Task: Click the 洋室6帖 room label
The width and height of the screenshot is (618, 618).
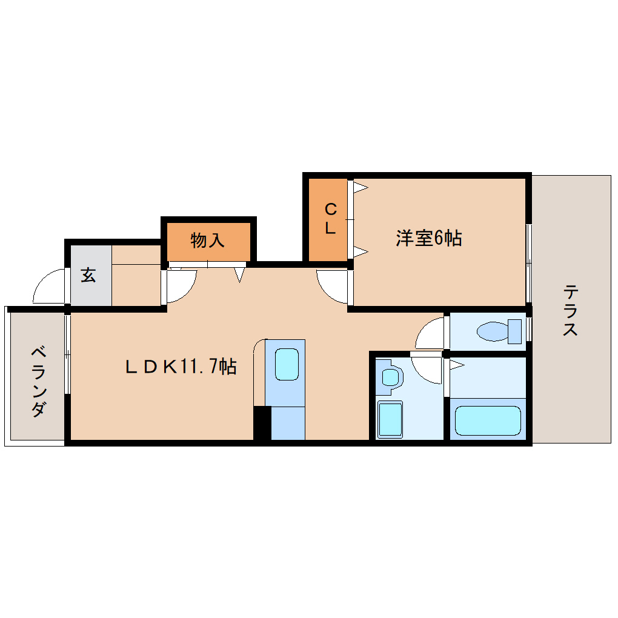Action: point(428,238)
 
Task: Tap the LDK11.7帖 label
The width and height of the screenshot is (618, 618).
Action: point(181,367)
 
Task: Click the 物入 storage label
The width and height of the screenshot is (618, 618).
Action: point(207,241)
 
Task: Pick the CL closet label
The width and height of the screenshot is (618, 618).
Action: point(330,219)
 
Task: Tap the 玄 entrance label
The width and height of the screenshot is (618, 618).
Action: point(88,276)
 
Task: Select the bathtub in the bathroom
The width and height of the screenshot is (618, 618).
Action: point(488,421)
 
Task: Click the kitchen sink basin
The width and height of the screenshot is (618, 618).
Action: point(287,364)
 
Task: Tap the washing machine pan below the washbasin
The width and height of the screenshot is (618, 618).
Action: point(390,419)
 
